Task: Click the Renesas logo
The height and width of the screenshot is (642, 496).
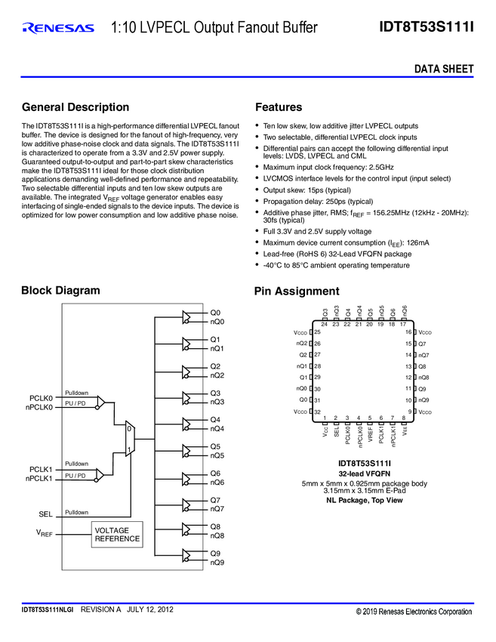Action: point(58,29)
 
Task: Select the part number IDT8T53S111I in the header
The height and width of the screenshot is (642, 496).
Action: point(426,28)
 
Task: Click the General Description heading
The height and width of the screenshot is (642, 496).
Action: point(75,107)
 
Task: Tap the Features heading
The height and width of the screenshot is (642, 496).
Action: point(279,107)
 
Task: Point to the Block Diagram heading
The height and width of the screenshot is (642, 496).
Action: point(60,291)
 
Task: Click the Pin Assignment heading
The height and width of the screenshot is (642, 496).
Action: point(297,292)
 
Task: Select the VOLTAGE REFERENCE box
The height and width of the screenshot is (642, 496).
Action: point(117,535)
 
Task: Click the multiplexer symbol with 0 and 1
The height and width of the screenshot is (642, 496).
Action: point(129,439)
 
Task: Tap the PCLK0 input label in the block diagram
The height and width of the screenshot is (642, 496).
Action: point(41,398)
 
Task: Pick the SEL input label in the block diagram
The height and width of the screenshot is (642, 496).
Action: point(45,514)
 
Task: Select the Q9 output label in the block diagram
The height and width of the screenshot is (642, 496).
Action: point(215,554)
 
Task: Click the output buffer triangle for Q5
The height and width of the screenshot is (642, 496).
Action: point(188,451)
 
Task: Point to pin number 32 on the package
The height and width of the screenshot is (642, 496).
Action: point(317,412)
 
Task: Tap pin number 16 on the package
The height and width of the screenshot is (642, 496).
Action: point(408,332)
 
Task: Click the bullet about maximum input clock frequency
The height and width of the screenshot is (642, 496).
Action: point(328,167)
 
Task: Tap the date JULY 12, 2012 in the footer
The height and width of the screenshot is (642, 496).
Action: point(150,609)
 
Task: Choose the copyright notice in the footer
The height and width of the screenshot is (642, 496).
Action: point(414,611)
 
